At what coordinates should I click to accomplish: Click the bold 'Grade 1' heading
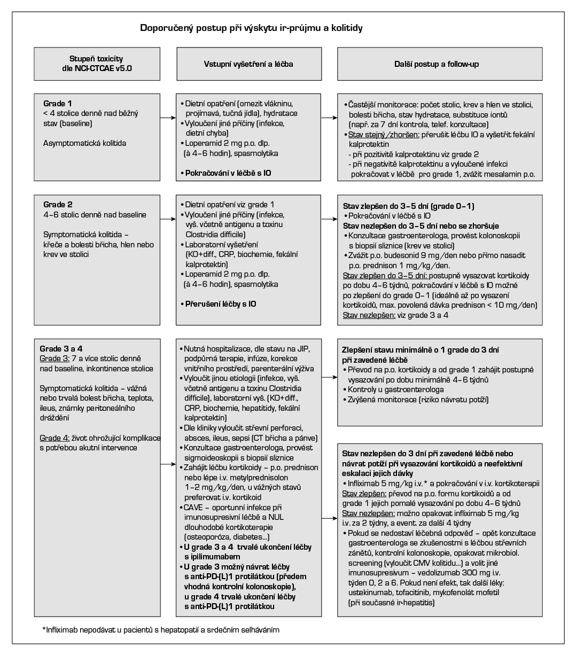[x=58, y=103]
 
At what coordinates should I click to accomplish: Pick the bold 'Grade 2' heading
[x=58, y=205]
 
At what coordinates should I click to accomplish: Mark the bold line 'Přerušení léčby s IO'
[x=220, y=304]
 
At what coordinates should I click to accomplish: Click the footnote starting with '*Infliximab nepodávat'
[x=161, y=630]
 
